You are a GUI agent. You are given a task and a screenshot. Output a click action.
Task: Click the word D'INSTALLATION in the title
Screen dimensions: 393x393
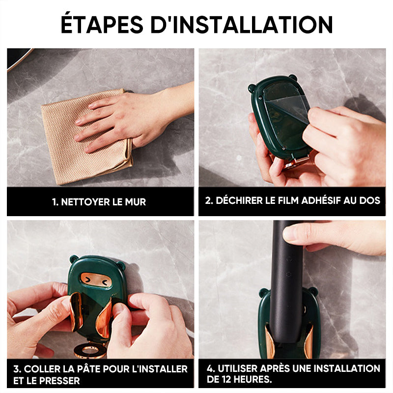tap(242, 24)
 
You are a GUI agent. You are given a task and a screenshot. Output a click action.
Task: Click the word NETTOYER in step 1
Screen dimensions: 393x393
tap(85, 202)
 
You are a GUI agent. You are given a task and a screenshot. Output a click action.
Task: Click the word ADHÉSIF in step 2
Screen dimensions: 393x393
tap(321, 200)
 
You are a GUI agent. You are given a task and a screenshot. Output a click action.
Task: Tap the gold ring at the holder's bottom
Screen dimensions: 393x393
tap(90, 350)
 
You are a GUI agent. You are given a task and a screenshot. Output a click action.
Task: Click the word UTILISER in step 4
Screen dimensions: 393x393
tap(237, 368)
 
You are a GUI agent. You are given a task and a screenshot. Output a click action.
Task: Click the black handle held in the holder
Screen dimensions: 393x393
tap(286, 281)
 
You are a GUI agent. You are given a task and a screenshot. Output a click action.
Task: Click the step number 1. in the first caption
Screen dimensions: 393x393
tap(55, 202)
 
